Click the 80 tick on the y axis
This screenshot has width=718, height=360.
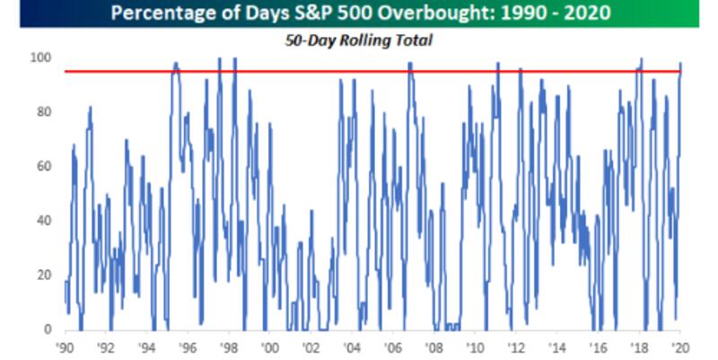[44, 112]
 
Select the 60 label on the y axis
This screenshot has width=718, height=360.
[44, 167]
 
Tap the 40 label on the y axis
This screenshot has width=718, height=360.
[44, 221]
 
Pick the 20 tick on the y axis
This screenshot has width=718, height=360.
[44, 276]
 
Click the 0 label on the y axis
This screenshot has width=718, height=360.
[48, 330]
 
